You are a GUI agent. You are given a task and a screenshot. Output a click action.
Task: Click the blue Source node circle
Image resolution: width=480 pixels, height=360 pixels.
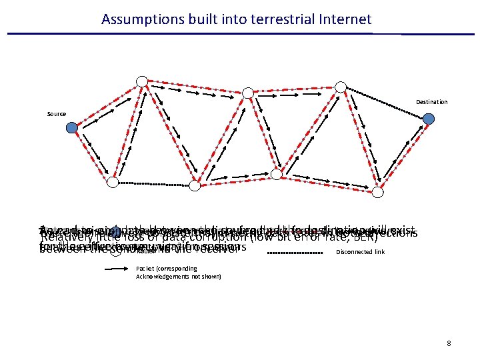click(72, 129)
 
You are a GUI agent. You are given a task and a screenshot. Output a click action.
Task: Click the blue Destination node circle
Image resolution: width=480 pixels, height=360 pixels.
click(429, 119)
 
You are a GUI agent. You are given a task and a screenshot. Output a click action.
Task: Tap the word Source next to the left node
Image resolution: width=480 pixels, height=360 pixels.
click(57, 114)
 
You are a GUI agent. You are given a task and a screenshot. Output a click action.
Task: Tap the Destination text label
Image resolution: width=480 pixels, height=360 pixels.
click(432, 102)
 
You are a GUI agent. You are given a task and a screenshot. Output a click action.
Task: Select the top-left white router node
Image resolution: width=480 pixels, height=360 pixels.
click(142, 81)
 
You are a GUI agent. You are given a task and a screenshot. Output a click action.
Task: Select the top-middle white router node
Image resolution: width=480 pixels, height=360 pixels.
click(247, 93)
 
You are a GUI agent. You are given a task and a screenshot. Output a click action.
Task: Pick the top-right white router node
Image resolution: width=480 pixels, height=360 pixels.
click(341, 87)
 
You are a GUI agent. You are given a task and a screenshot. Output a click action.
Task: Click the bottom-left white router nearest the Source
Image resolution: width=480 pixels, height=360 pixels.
click(114, 182)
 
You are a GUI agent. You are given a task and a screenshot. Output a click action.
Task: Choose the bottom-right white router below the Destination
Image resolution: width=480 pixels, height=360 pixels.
click(378, 192)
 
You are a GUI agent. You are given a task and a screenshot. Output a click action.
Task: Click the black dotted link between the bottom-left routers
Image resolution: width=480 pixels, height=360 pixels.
click(153, 183)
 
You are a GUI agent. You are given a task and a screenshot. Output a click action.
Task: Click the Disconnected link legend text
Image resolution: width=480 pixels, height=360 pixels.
click(361, 252)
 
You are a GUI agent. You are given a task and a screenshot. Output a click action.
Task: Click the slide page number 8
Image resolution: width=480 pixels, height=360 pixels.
click(449, 343)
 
